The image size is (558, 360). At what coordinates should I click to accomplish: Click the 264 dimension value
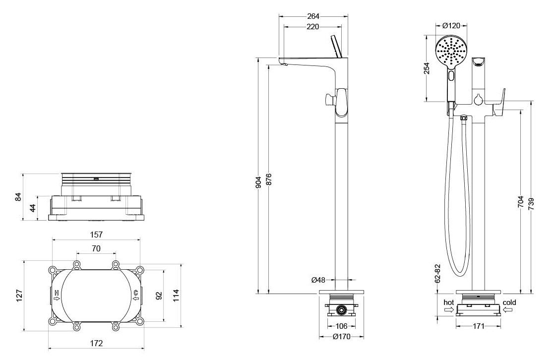pyautogui.click(x=313, y=16)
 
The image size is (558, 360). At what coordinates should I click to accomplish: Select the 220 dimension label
pyautogui.click(x=313, y=27)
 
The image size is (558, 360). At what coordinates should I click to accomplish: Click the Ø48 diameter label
pyautogui.click(x=318, y=280)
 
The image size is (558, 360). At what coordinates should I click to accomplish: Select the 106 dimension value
pyautogui.click(x=341, y=326)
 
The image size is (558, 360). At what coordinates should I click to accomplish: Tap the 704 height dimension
pyautogui.click(x=521, y=202)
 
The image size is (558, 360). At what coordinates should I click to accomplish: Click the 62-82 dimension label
pyautogui.click(x=437, y=273)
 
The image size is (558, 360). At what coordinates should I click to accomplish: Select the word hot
pyautogui.click(x=448, y=302)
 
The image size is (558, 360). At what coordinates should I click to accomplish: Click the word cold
pyautogui.click(x=509, y=302)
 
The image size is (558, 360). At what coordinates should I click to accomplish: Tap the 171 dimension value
pyautogui.click(x=479, y=326)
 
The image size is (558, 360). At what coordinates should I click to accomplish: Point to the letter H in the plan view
pyautogui.click(x=57, y=293)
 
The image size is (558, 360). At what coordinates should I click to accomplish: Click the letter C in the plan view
pyautogui.click(x=135, y=293)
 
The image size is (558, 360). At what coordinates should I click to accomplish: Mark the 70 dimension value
pyautogui.click(x=96, y=248)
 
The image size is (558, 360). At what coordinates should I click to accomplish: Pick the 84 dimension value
pyautogui.click(x=19, y=196)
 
